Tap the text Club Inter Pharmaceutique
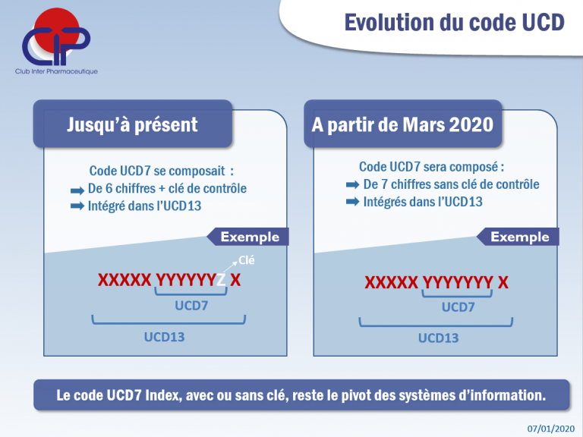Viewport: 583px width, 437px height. coord(56,71)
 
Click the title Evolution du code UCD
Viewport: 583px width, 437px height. coord(455,22)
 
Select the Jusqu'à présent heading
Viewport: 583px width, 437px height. coord(132,124)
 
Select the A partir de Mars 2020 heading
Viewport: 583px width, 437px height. coord(402,124)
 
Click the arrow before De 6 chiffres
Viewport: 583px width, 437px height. coord(77,191)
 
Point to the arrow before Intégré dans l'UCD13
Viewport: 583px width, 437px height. coord(77,206)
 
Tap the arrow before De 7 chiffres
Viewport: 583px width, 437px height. coord(352,184)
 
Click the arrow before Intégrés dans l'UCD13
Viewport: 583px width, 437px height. coord(352,202)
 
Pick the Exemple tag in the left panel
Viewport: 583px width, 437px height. coord(247,237)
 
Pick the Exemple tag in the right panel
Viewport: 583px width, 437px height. coord(518,237)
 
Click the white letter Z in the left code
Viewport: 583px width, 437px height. coord(221,280)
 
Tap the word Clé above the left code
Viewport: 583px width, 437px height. coord(247,260)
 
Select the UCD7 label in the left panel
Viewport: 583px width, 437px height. coord(191,306)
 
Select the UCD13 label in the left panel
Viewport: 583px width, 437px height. coord(164,337)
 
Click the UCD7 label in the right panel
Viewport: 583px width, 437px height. coord(458,307)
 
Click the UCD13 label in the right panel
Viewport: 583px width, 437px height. coord(438,338)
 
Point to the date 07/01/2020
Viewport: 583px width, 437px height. coord(550,429)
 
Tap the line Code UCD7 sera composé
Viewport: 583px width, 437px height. coord(431,167)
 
